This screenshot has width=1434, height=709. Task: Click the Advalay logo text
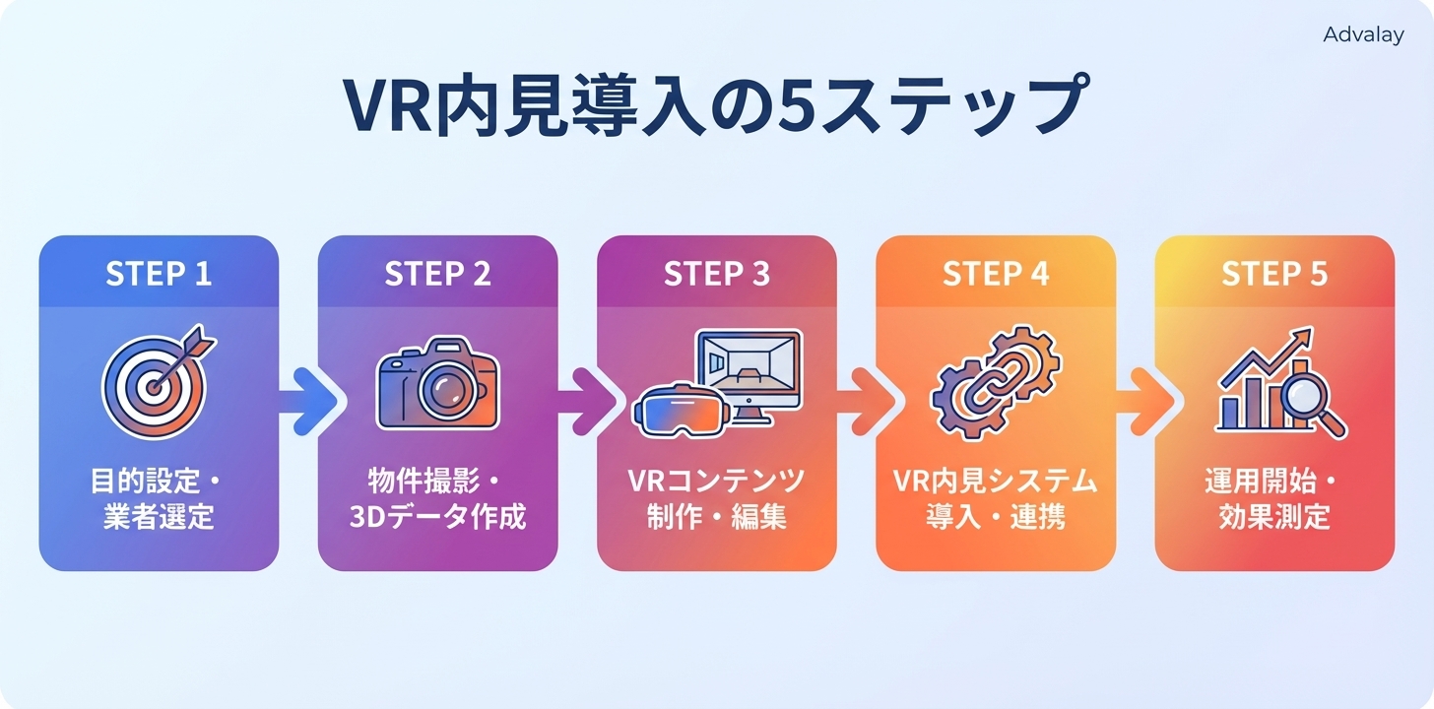1363,34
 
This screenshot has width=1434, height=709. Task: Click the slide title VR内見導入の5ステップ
716,104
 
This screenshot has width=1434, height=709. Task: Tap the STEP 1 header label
159,274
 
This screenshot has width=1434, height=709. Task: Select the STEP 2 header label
437,274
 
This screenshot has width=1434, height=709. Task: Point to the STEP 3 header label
716,274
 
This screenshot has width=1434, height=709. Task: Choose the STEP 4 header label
996,274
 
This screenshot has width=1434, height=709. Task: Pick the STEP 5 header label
1274,274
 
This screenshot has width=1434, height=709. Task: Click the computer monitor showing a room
749,369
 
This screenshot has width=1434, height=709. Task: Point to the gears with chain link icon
995,384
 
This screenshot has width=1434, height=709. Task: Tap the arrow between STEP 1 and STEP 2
308,401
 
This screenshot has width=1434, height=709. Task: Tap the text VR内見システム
995,482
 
